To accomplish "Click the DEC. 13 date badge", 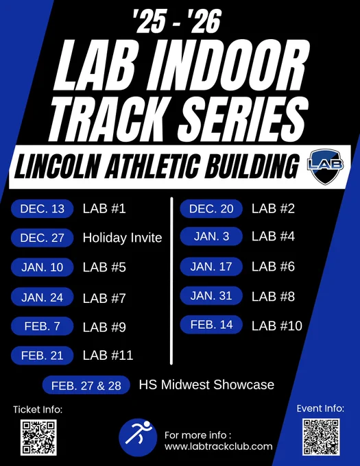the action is (x=43, y=208).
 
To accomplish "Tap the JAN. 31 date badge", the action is (x=211, y=296).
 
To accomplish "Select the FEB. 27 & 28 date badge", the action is (x=86, y=385).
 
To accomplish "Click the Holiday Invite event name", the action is (x=123, y=238).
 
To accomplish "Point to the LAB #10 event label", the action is (x=277, y=326).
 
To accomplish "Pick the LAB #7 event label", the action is (x=104, y=298).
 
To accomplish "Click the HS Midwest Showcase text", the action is (x=206, y=384).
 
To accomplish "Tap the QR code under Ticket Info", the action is (x=38, y=437).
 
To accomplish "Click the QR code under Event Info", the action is (x=321, y=437).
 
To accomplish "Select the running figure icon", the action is (x=138, y=437).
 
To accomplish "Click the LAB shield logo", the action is (x=325, y=167).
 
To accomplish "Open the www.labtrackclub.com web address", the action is (x=219, y=446).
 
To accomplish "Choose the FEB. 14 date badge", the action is (x=211, y=325).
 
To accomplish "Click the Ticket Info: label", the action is (x=38, y=410).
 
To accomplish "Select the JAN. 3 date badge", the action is (x=211, y=236).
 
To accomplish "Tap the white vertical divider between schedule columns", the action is (x=171, y=280).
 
